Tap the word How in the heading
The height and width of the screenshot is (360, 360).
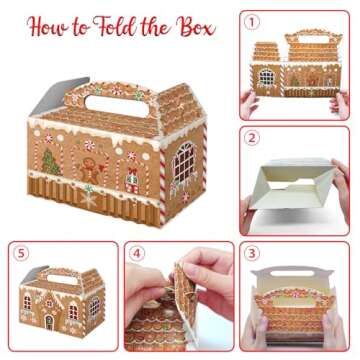coord(53,26)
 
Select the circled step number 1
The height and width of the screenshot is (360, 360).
coord(253,21)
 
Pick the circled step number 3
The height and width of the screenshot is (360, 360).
coord(253,253)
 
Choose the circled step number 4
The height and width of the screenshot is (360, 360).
coord(136,253)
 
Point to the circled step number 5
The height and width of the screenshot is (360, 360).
coord(20,253)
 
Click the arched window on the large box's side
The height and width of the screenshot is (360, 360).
coord(185,158)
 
